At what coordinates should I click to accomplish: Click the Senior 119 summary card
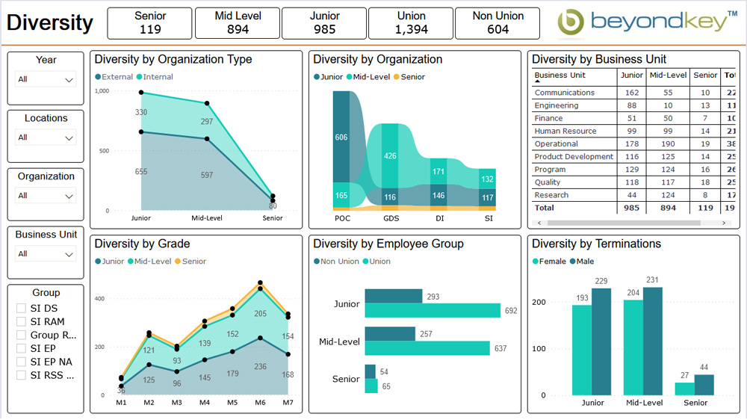point(149,23)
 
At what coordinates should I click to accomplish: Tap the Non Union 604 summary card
point(498,23)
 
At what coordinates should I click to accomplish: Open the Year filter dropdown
point(46,79)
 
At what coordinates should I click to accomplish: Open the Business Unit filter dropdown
point(46,254)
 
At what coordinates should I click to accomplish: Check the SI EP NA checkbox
point(22,362)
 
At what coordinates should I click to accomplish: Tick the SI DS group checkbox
point(22,308)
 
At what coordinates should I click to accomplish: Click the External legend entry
point(114,77)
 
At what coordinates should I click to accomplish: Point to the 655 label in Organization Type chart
point(141,172)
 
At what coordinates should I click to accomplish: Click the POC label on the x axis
point(341,218)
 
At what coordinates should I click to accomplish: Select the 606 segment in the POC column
point(341,137)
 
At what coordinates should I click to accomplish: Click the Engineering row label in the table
point(557,105)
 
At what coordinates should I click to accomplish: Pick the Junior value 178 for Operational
point(632,144)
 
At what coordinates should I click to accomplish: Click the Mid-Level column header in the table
point(668,75)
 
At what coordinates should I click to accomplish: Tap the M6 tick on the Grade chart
point(261,403)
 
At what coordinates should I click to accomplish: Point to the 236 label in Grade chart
point(261,366)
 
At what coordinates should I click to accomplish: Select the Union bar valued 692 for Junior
point(433,310)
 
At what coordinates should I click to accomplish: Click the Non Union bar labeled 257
point(392,334)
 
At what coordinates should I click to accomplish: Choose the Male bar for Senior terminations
point(704,385)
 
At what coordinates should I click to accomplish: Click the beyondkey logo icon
point(571,22)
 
